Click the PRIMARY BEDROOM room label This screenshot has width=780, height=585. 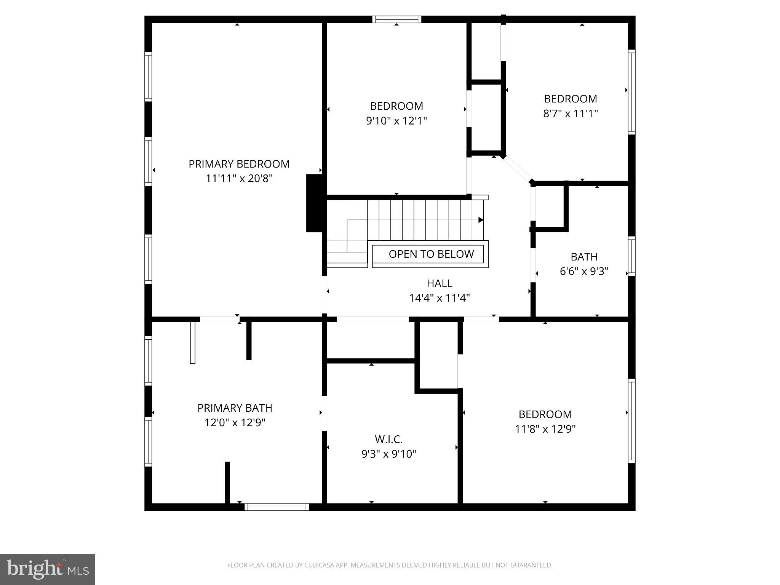239,164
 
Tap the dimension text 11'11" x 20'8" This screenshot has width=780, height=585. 239,178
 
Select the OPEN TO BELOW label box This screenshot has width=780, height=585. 428,254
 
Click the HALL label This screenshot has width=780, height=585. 439,283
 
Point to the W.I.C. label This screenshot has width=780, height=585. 388,439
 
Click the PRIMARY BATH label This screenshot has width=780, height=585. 235,408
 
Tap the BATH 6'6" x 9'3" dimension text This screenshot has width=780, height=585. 584,271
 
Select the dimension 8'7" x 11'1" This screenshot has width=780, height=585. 570,113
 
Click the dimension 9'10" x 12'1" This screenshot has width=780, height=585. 396,121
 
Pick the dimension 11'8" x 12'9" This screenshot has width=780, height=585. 545,429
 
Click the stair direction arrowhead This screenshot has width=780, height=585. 481,220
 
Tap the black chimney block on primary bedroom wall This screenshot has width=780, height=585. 315,203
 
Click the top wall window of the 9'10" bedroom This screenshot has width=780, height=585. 396,19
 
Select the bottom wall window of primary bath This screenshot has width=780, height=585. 277,507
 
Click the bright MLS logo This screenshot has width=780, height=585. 47,569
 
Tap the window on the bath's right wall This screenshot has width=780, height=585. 631,256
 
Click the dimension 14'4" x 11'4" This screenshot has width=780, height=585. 439,298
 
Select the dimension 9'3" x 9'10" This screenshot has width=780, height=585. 388,454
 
